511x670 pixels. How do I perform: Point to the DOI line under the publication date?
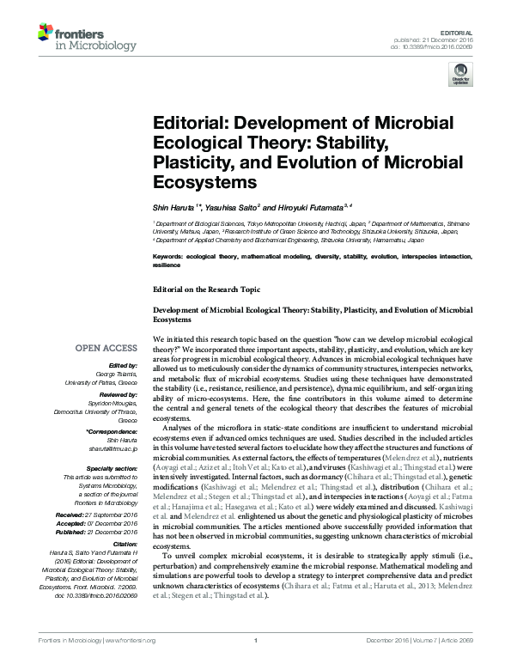(x=441, y=47)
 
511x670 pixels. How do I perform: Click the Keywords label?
(x=170, y=257)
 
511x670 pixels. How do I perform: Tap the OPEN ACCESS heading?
(x=106, y=347)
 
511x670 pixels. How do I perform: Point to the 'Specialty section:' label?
(x=112, y=466)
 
